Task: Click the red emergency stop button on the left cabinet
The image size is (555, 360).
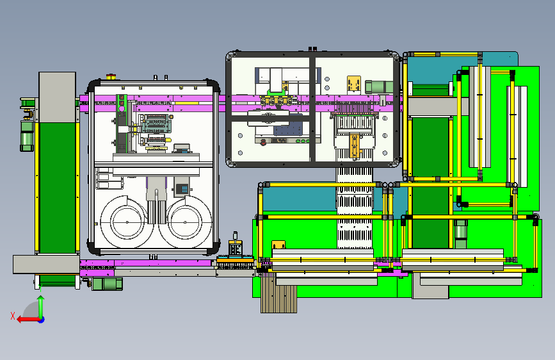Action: click(x=111, y=76)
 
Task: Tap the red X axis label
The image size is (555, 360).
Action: click(x=13, y=316)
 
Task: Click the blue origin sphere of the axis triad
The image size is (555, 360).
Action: click(x=42, y=320)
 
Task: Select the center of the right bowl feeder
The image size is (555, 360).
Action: click(x=185, y=222)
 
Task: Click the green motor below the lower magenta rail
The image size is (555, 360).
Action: click(x=108, y=284)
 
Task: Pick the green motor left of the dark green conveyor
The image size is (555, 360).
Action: click(x=26, y=136)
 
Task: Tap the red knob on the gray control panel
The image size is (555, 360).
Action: click(x=263, y=142)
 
